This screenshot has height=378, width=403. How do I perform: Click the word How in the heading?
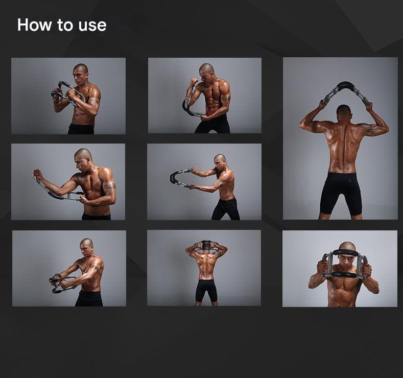click(34, 25)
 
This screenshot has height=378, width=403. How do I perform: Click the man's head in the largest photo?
click(344, 112)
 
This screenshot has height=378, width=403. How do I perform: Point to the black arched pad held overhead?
click(345, 86)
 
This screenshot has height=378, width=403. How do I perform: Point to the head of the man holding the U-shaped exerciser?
click(220, 161)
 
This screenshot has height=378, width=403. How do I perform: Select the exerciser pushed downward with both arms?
click(62, 283)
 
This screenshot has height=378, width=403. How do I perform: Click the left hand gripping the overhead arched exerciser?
click(322, 104)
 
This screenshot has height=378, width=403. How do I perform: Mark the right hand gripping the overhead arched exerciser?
click(369, 105)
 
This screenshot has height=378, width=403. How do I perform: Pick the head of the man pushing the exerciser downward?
click(86, 246)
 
